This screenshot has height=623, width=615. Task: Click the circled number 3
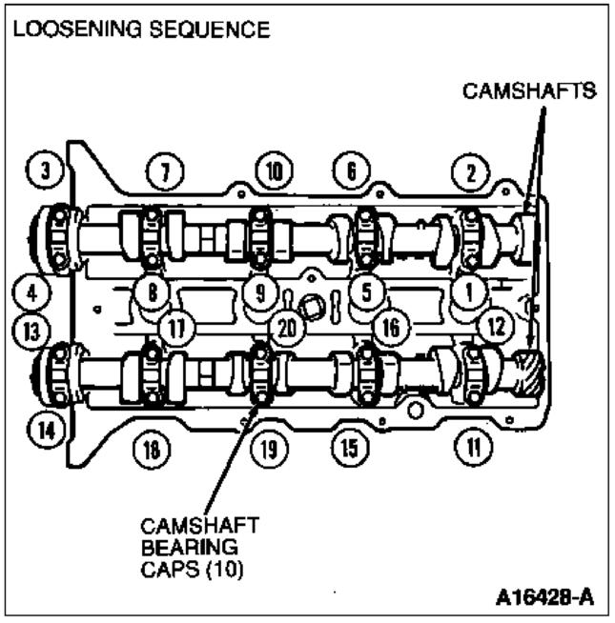pyautogui.click(x=45, y=172)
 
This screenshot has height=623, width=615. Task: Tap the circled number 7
pyautogui.click(x=164, y=172)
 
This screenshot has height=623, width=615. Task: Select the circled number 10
pyautogui.click(x=273, y=172)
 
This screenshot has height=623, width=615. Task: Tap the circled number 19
pyautogui.click(x=271, y=445)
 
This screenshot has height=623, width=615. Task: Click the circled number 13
pyautogui.click(x=31, y=331)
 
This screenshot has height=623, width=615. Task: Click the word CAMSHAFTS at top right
pyautogui.click(x=529, y=91)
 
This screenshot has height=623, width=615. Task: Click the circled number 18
pyautogui.click(x=150, y=445)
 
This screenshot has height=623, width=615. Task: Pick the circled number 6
pyautogui.click(x=350, y=172)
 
